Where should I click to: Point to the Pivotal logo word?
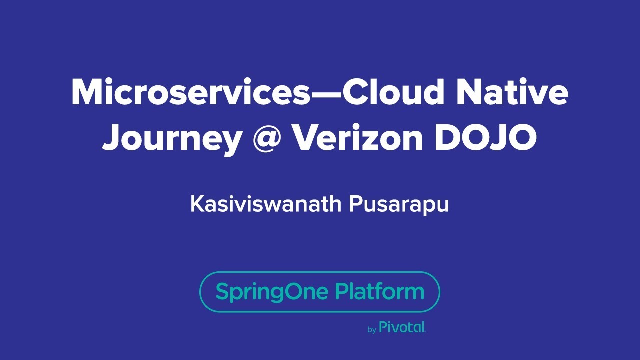pos(402,327)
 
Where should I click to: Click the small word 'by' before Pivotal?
pos(371,330)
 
